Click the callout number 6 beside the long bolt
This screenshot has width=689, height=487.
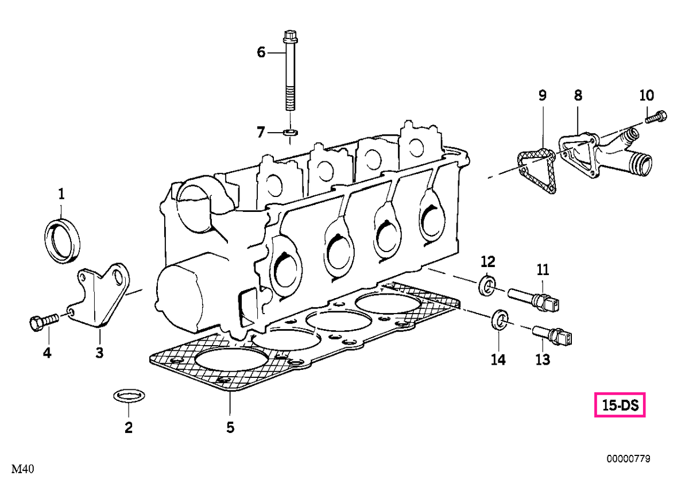(x=261, y=52)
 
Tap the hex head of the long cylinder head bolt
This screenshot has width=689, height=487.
(x=290, y=37)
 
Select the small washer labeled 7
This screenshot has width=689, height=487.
(x=291, y=133)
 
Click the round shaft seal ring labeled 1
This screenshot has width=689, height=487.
(x=63, y=240)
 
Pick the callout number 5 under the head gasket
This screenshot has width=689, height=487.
(x=230, y=427)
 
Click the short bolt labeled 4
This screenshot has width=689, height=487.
(x=44, y=322)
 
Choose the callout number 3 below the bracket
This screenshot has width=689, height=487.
(x=99, y=353)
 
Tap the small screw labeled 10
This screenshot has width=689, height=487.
(x=656, y=117)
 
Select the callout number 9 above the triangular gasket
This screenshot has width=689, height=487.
(x=543, y=95)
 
